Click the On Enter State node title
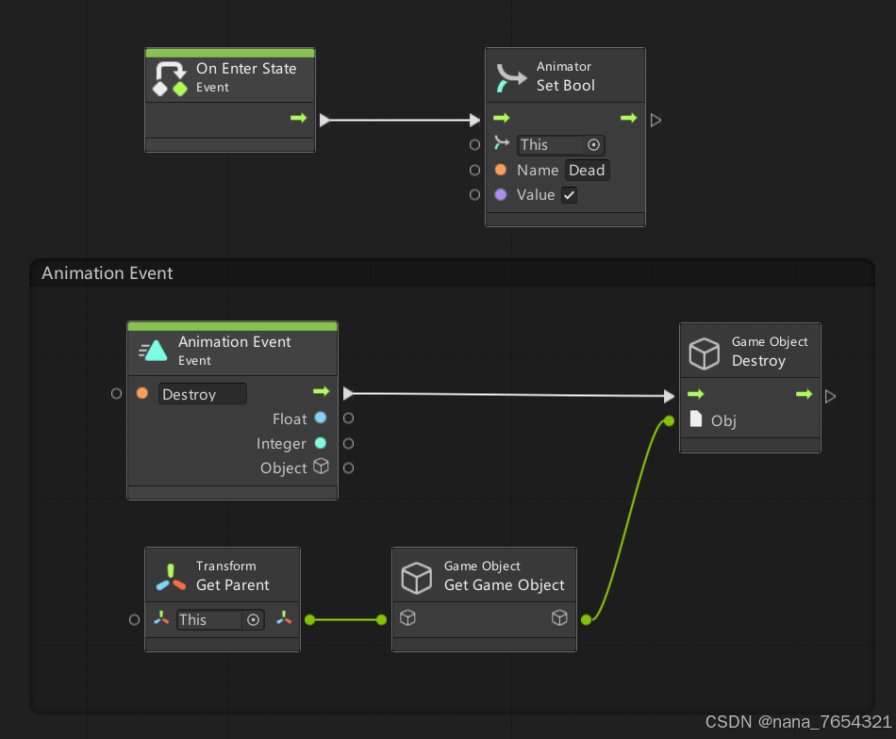(x=245, y=69)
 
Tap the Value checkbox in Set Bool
(x=569, y=195)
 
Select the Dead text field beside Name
(x=587, y=171)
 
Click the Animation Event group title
(x=108, y=273)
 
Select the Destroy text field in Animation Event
(x=202, y=394)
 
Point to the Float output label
(x=290, y=419)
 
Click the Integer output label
(x=281, y=443)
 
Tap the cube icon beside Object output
(x=321, y=467)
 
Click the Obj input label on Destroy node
(x=723, y=420)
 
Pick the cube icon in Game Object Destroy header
(x=704, y=353)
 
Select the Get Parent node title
(x=232, y=585)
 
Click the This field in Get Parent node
(x=209, y=619)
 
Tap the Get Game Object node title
(x=504, y=585)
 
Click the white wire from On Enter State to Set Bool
(x=401, y=121)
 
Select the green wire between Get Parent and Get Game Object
(x=343, y=619)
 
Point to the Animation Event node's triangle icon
(x=154, y=352)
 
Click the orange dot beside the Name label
(x=501, y=171)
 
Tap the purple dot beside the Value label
(x=501, y=195)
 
